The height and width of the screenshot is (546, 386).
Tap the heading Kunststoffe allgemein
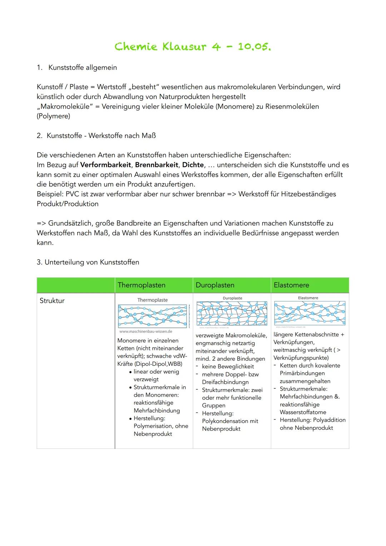pos(82,67)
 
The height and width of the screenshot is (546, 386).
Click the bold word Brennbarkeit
pos(156,165)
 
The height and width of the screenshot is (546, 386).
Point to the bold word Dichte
pos(193,165)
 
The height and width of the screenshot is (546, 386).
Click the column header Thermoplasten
pos(142,285)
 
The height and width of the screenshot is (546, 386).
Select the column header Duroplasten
pos(215,285)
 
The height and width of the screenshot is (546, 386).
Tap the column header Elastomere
pos(291,285)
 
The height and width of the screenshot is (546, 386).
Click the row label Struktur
pos(52,301)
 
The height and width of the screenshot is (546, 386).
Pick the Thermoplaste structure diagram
pos(153,316)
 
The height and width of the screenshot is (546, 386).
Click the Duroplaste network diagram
pos(232,313)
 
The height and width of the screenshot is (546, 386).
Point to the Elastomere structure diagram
pos(310,313)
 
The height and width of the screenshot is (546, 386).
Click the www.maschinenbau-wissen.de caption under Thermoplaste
pos(145,331)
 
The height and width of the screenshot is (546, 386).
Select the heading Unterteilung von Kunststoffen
pos(91,262)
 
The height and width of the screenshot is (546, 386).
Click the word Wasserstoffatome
pos(303,412)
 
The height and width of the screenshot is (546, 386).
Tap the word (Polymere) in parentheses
pos(53,116)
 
